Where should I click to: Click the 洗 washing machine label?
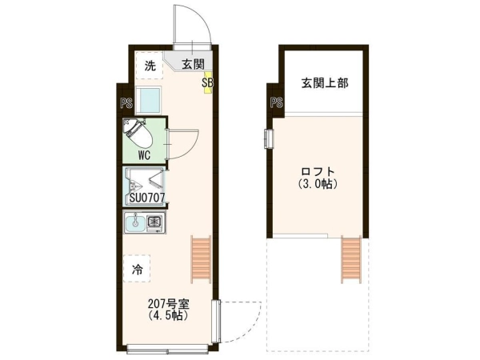[150, 66]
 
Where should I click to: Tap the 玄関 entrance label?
[193, 64]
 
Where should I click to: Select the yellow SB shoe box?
[208, 82]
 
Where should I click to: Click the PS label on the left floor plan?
[126, 103]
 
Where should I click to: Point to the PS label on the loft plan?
[277, 102]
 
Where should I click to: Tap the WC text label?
[144, 155]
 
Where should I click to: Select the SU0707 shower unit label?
[147, 198]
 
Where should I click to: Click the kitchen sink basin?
[134, 222]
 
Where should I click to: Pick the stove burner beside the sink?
[155, 222]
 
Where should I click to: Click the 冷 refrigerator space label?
[137, 270]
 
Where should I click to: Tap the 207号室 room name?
[169, 304]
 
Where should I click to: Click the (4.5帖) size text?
[168, 315]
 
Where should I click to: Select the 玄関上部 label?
[325, 83]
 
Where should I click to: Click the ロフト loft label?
[318, 171]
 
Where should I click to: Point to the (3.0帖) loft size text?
[318, 184]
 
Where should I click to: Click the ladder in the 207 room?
[201, 259]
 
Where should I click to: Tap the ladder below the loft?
[351, 259]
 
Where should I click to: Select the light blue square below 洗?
[148, 101]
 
